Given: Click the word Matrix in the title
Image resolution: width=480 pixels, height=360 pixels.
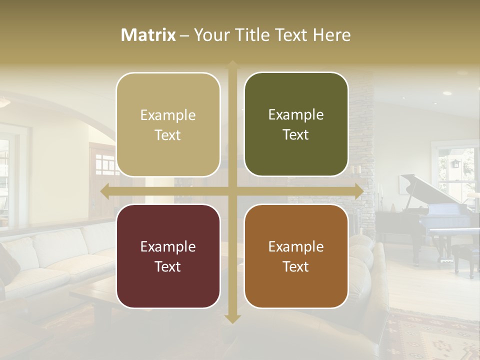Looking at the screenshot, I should coord(148,35).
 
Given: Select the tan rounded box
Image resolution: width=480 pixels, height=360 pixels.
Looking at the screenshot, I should coord(168,124).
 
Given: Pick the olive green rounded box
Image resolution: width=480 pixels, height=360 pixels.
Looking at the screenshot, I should coord(296,124).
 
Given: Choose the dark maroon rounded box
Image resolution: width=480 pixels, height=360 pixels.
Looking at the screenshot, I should coord(168,256).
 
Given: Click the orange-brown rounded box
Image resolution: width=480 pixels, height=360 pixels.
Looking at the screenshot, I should coord(296,256).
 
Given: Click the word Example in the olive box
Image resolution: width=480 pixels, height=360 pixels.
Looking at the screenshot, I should coord(296,115).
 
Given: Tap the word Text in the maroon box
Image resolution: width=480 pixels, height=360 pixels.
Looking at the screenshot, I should coord(168,266).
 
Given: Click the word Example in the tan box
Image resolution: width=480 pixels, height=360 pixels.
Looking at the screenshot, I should coord(168,115).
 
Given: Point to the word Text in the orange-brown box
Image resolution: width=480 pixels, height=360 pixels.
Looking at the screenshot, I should coord(296,266).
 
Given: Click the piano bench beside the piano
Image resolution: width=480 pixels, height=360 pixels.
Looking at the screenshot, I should coord(465,255).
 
